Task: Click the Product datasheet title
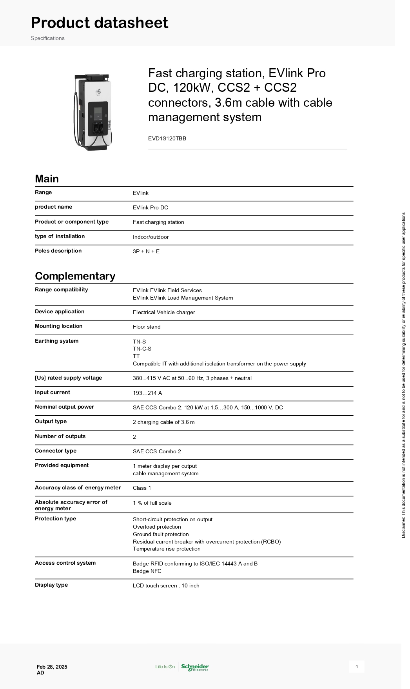click(100, 23)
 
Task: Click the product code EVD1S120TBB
click(167, 138)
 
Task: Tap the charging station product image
click(93, 112)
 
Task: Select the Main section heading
click(47, 179)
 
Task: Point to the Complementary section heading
click(75, 276)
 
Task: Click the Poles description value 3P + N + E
click(146, 251)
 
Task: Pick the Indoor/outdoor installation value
click(151, 237)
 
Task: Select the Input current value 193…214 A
click(147, 393)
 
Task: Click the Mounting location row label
click(58, 326)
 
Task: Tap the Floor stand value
click(147, 327)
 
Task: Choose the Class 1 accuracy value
click(142, 488)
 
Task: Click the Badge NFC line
click(147, 571)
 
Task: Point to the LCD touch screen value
click(166, 585)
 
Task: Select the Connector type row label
click(56, 451)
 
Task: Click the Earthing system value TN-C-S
click(142, 349)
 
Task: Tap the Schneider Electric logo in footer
click(195, 667)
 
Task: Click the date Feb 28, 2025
click(52, 667)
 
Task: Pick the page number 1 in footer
click(356, 667)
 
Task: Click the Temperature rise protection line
click(167, 549)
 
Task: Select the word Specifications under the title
click(47, 38)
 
